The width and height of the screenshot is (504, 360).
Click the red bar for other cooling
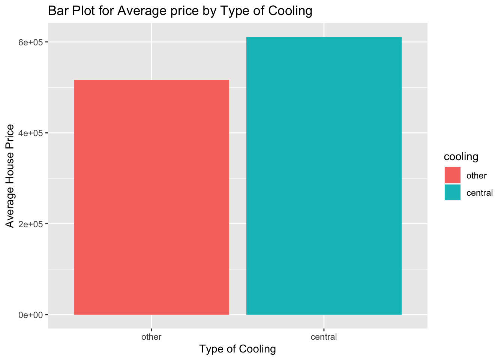pyautogui.click(x=151, y=197)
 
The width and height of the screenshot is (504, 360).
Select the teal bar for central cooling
pyautogui.click(x=324, y=176)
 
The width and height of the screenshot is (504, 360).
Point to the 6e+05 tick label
pyautogui.click(x=31, y=42)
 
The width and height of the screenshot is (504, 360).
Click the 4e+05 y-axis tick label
pyautogui.click(x=31, y=133)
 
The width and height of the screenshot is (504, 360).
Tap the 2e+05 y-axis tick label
pyautogui.click(x=31, y=224)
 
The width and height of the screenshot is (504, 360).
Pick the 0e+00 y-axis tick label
pyautogui.click(x=31, y=315)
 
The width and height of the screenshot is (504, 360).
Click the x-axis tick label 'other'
pyautogui.click(x=151, y=337)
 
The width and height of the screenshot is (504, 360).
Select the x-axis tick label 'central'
pyautogui.click(x=324, y=337)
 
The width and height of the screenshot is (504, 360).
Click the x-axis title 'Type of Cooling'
pyautogui.click(x=238, y=349)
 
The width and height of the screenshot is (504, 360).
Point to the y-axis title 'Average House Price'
pyautogui.click(x=10, y=176)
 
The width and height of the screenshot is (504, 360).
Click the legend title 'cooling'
pyautogui.click(x=461, y=157)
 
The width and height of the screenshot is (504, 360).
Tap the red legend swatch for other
pyautogui.click(x=453, y=175)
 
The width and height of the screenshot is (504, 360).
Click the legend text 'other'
pyautogui.click(x=476, y=175)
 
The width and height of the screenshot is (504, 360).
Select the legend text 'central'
pyautogui.click(x=479, y=193)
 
